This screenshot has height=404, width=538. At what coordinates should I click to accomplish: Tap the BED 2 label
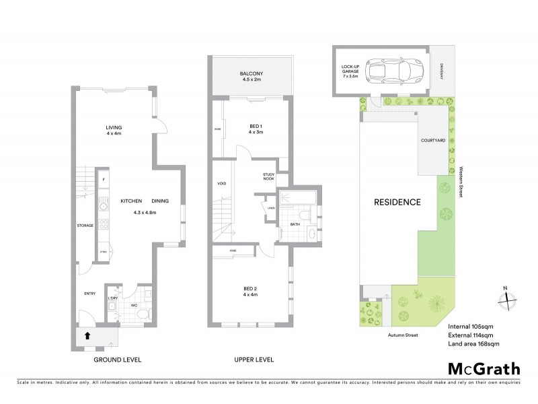pyautogui.click(x=250, y=291)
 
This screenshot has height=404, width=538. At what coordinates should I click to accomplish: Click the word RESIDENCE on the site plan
pyautogui.click(x=397, y=202)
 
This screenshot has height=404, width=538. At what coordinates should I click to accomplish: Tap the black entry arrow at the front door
pyautogui.click(x=86, y=335)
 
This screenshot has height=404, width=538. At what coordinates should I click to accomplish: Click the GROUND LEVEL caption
pyautogui.click(x=116, y=360)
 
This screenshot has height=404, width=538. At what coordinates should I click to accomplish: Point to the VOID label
pyautogui.click(x=221, y=183)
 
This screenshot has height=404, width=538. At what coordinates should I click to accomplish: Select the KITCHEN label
pyautogui.click(x=130, y=201)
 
